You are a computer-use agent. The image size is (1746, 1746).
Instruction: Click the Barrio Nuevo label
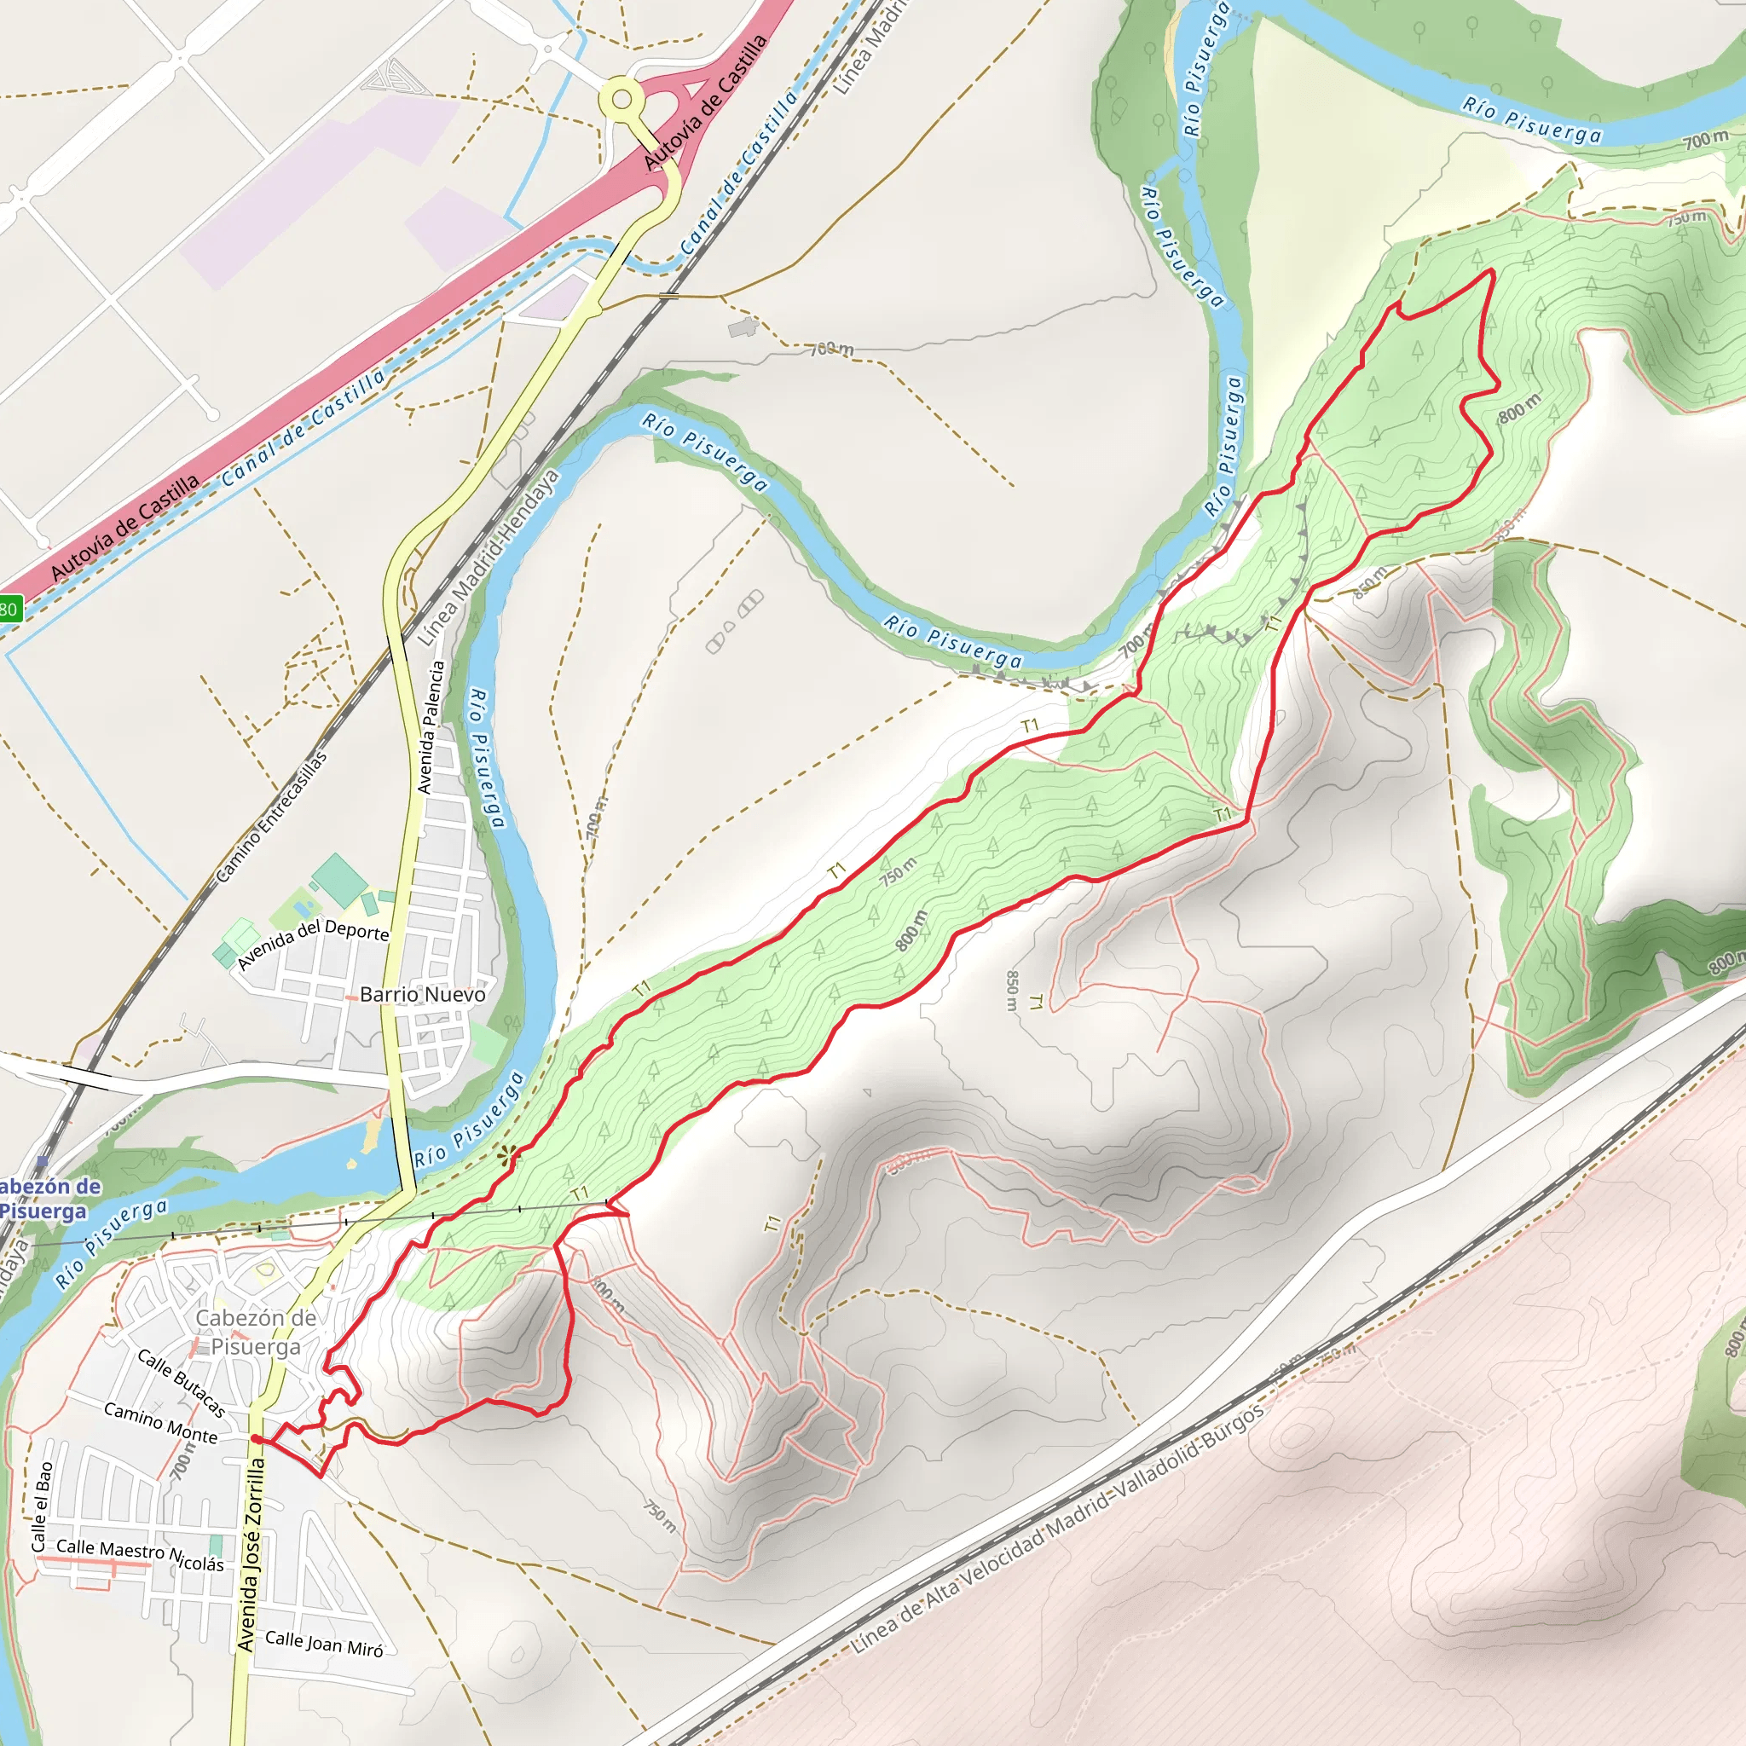pyautogui.click(x=422, y=994)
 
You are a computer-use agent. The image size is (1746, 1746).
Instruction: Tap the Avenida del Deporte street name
pyautogui.click(x=313, y=943)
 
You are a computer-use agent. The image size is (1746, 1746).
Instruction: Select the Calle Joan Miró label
pyautogui.click(x=323, y=1643)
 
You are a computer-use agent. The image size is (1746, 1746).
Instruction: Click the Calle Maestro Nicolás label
pyautogui.click(x=140, y=1554)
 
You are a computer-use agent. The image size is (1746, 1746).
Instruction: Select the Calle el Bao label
pyautogui.click(x=42, y=1507)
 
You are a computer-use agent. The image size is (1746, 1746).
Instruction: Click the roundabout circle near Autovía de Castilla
pyautogui.click(x=622, y=100)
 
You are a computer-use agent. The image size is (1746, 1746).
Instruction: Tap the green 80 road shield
pyautogui.click(x=9, y=609)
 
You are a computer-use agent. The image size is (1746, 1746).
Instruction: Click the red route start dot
pyautogui.click(x=256, y=1439)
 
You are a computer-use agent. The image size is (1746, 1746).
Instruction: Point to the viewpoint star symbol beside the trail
pyautogui.click(x=510, y=1154)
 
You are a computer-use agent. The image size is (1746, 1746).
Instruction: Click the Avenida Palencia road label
pyautogui.click(x=431, y=727)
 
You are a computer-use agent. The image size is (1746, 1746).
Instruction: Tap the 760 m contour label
pyautogui.click(x=830, y=349)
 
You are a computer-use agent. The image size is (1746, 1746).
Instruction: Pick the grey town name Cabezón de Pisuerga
pyautogui.click(x=256, y=1333)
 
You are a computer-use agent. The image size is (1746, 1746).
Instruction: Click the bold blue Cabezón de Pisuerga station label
pyautogui.click(x=45, y=1199)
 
